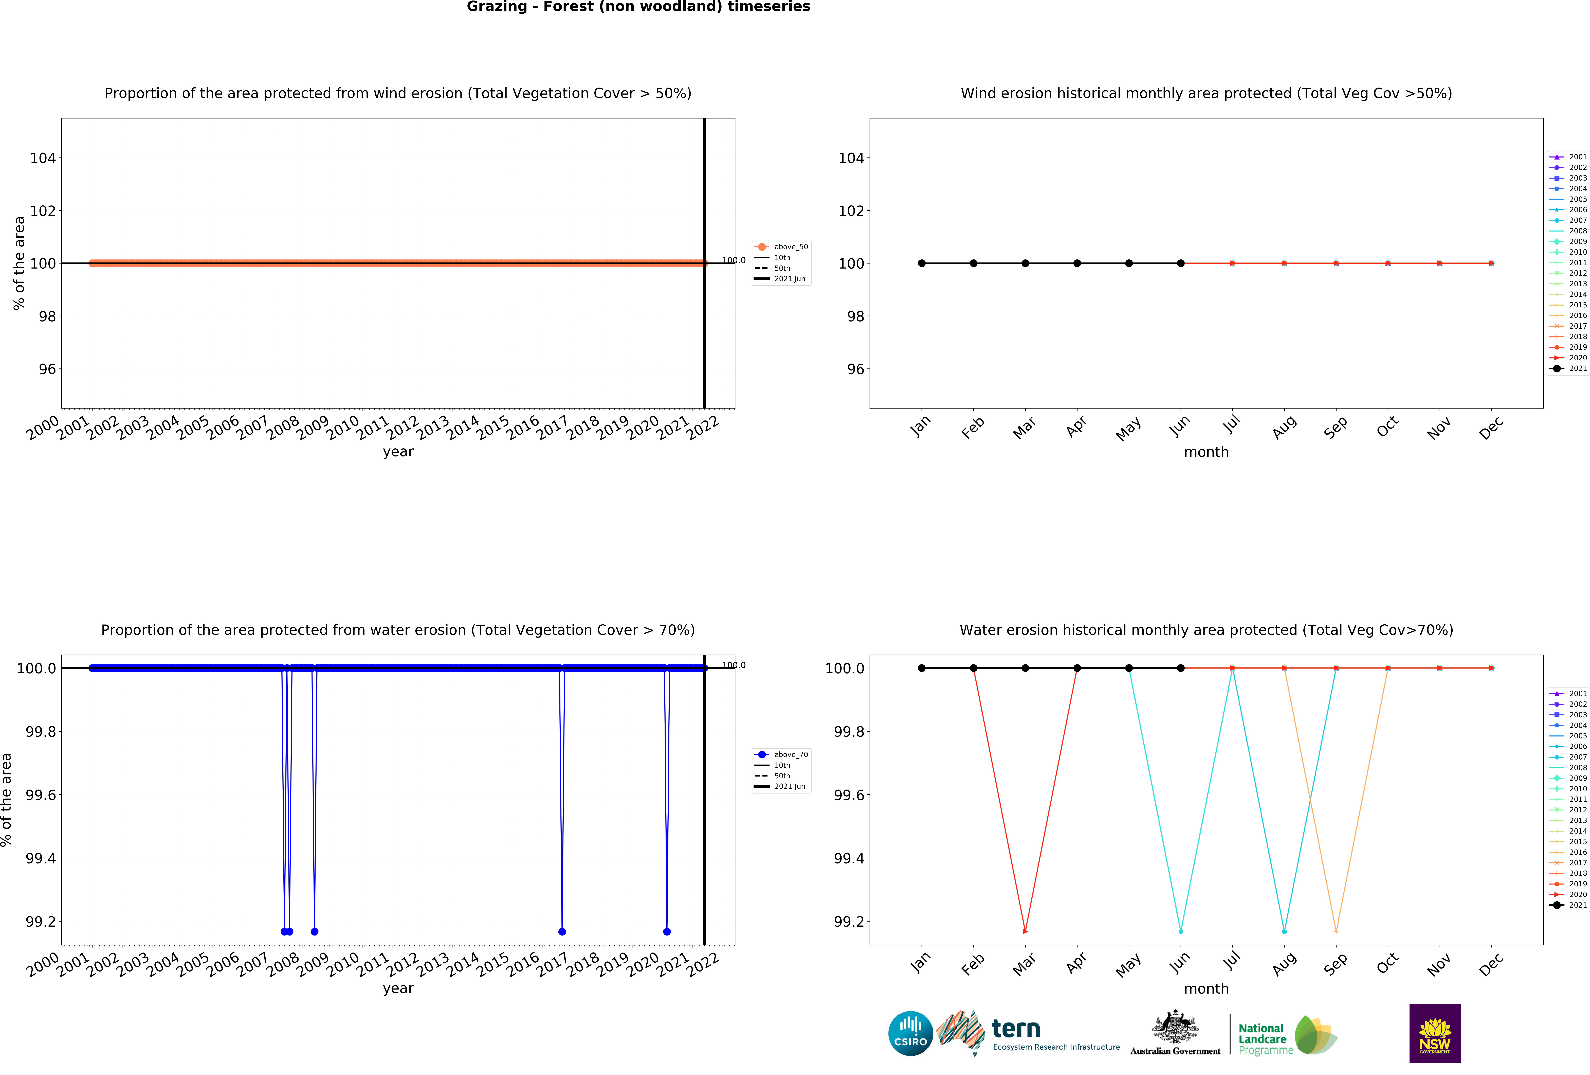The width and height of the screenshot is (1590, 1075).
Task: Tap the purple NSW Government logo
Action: (1435, 1033)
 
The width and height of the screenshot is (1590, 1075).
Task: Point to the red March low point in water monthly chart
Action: (1025, 931)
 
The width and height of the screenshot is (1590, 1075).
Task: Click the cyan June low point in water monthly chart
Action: (1180, 931)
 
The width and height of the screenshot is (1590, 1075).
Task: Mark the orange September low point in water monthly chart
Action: (1336, 931)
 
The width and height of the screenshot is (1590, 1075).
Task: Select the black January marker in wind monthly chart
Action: (922, 263)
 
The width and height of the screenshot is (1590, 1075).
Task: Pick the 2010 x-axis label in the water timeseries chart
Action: (342, 964)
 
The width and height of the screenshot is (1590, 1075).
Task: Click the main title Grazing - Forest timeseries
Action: (638, 7)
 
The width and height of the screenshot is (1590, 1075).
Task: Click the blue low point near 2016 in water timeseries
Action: (562, 931)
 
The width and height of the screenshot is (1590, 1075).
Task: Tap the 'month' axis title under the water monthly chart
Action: (1206, 989)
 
